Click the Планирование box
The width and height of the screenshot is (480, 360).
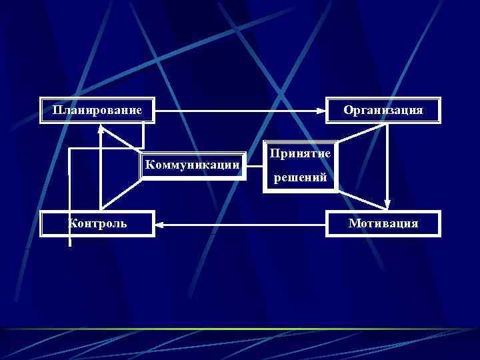coord(97,110)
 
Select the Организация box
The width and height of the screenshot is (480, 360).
coord(383,110)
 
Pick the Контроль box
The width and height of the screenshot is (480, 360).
coord(97,223)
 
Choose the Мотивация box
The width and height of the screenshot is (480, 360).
coord(383,223)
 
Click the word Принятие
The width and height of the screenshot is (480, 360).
coord(300,154)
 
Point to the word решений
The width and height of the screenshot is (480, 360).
coord(300,178)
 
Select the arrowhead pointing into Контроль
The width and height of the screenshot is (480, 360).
coord(161,225)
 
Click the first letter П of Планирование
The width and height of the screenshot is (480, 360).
coord(57,110)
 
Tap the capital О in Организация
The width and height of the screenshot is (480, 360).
coord(348,110)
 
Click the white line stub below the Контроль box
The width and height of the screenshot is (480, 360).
coord(70,241)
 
